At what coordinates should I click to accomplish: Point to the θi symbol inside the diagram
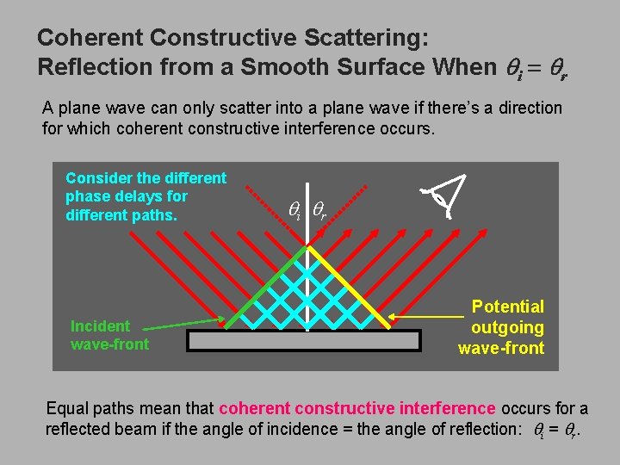294,208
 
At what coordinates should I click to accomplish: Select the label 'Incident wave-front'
109,335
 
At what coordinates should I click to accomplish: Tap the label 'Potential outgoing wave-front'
503,327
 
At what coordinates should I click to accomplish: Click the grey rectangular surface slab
304,340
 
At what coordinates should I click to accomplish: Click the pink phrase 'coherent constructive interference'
357,407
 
